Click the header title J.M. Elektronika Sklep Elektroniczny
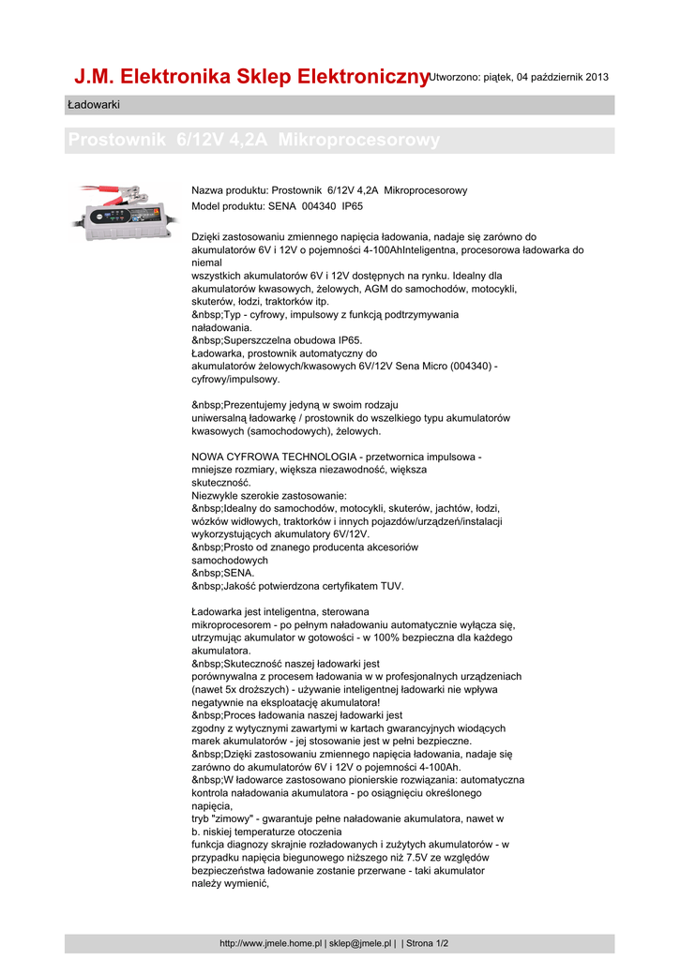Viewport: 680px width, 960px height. [251, 76]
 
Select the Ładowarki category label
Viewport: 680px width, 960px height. [94, 104]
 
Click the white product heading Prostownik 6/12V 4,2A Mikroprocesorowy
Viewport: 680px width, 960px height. [254, 141]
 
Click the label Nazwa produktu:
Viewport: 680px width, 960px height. [229, 190]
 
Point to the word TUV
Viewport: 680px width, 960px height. [391, 586]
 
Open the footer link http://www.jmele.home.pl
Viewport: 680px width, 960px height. [271, 943]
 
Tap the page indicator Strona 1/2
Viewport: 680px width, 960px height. [428, 943]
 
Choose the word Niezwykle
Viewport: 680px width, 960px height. [217, 495]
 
